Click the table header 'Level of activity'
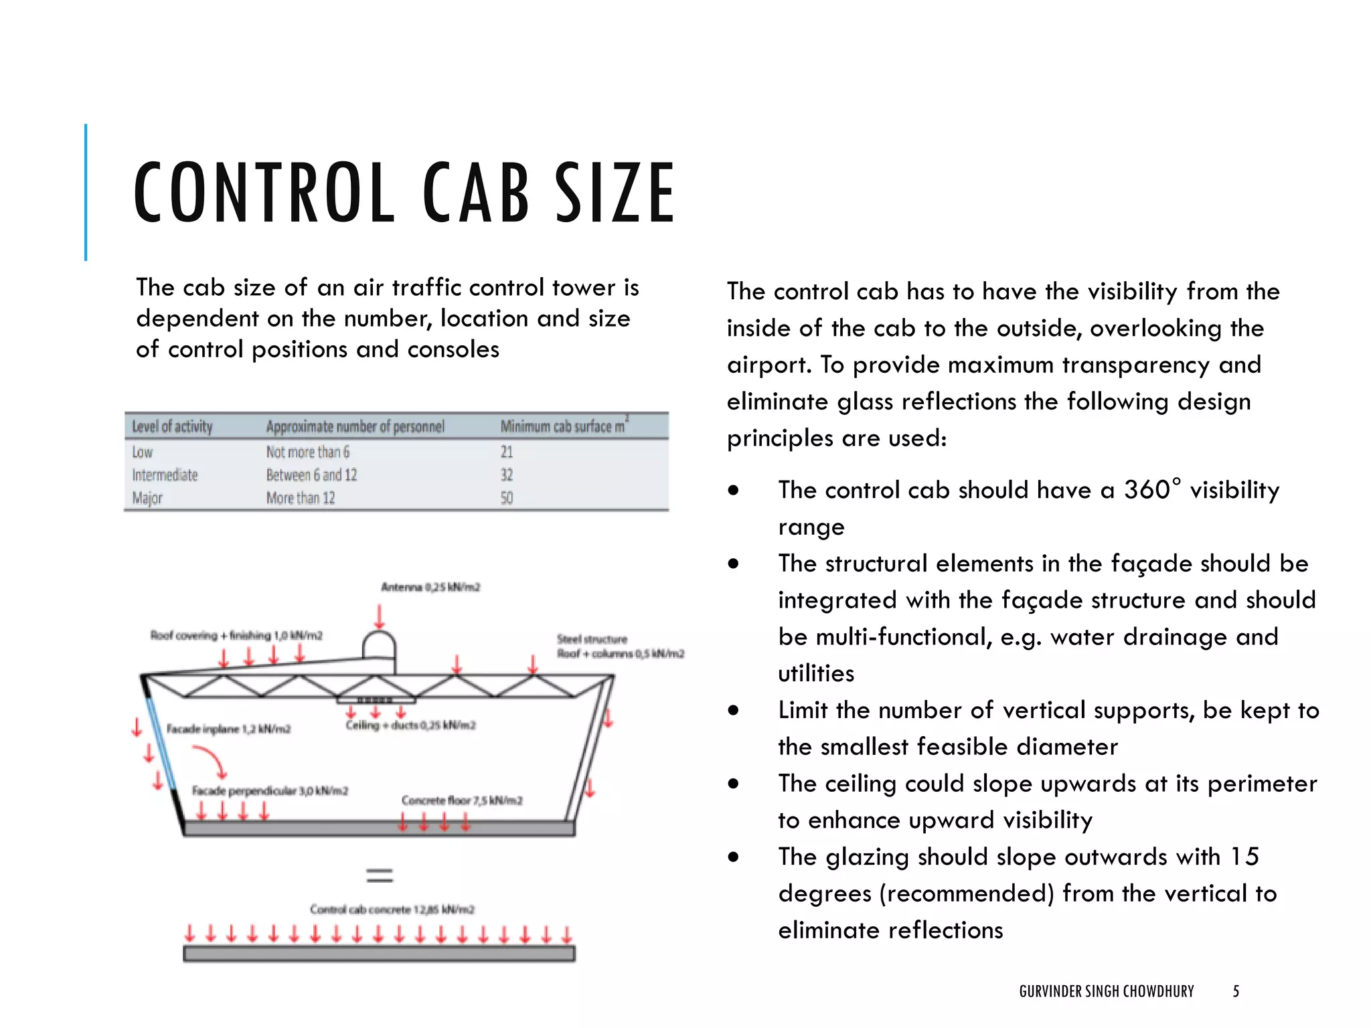[x=172, y=427]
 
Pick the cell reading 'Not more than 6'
[x=307, y=452]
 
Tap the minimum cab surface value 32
[x=507, y=475]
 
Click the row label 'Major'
[x=147, y=499]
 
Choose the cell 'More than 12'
[x=301, y=499]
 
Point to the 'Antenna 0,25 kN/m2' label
[x=430, y=588]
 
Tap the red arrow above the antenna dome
[x=380, y=616]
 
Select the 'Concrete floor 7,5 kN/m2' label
[x=462, y=800]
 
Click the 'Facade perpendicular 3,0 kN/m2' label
[x=270, y=791]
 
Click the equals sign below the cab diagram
[x=380, y=875]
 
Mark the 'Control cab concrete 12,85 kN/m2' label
[x=392, y=910]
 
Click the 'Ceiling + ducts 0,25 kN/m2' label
[x=410, y=725]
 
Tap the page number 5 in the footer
[x=1236, y=991]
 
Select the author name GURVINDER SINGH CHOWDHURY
[x=1107, y=991]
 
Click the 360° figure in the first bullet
[x=1152, y=490]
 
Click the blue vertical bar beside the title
[x=86, y=192]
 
